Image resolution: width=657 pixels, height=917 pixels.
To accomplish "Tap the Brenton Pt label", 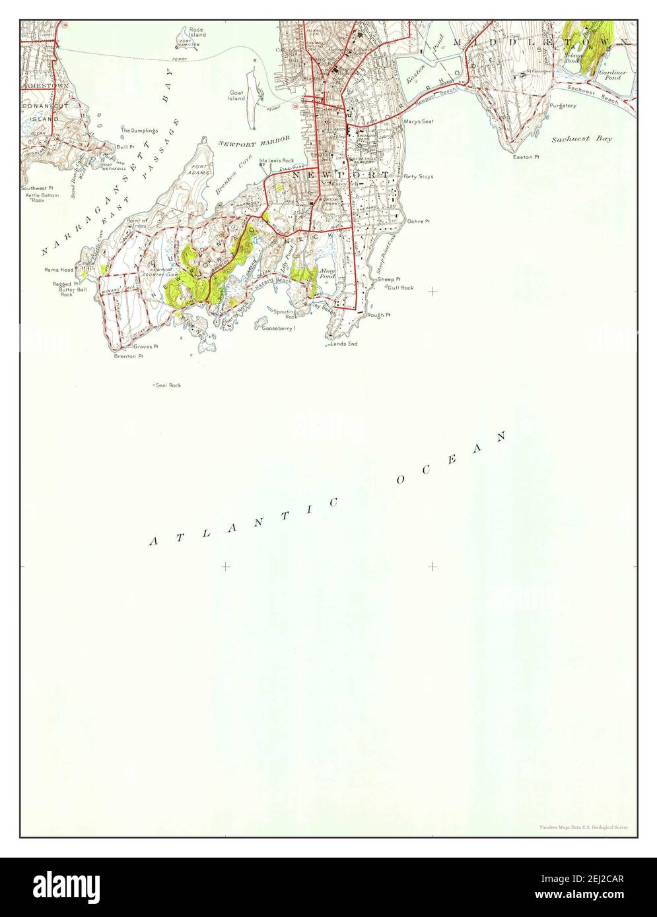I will point(128,356).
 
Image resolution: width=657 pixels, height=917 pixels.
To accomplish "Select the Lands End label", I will point(345,344).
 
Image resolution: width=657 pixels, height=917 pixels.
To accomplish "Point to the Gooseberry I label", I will point(278,328).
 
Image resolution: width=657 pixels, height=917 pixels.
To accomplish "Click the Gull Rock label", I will point(400,288).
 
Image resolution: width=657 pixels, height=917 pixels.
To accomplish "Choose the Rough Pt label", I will point(380,315).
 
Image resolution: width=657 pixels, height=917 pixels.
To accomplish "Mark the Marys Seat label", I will point(418,121).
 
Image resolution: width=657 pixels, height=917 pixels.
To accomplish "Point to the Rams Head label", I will point(59,270).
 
